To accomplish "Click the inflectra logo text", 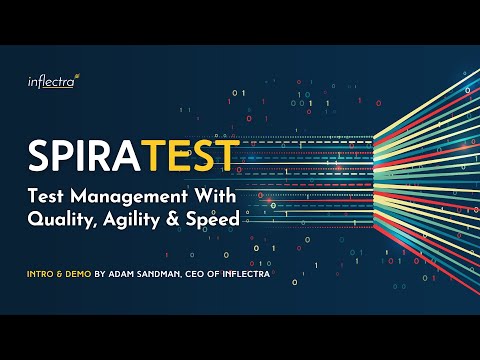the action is click(x=51, y=82).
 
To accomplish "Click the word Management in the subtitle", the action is click(x=129, y=196).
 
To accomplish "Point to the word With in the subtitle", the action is click(x=215, y=196).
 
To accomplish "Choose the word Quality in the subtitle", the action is click(x=61, y=220).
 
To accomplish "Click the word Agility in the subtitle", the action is click(x=131, y=220).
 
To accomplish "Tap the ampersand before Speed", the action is click(x=172, y=219).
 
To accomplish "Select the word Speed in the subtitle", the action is click(x=213, y=219).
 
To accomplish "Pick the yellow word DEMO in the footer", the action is click(x=78, y=274).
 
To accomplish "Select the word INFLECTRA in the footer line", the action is click(x=246, y=274).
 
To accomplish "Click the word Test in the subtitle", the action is click(x=46, y=196).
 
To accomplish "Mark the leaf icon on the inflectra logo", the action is click(x=77, y=76).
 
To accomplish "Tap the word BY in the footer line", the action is click(x=100, y=274).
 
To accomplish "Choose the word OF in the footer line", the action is click(x=213, y=274).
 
